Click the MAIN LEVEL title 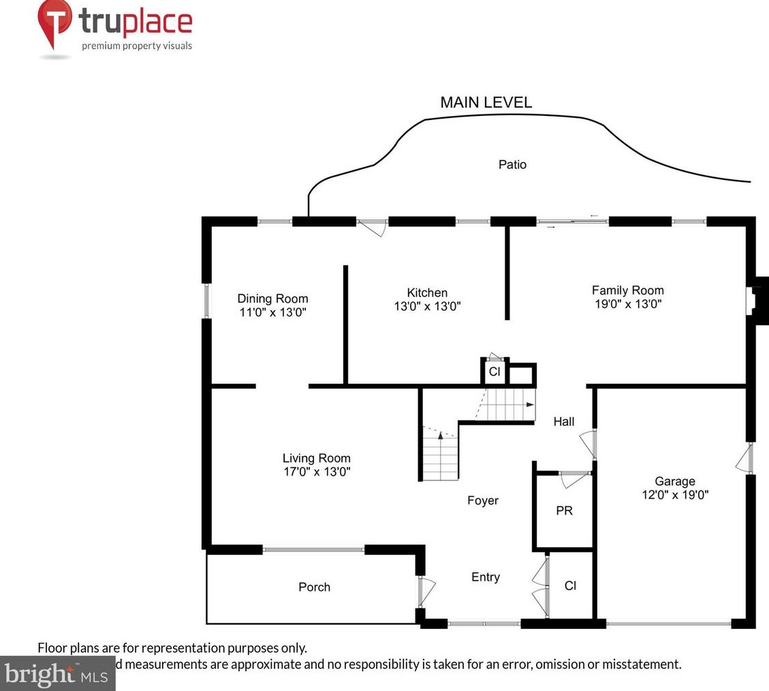pos(486,103)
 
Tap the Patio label pos(512,164)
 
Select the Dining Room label pos(272,298)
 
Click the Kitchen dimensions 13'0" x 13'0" pos(428,307)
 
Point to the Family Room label pos(627,290)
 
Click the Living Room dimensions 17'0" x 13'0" pos(317,472)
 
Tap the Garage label pos(675,481)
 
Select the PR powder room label pos(564,510)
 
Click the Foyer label pos(483,500)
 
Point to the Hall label pos(564,422)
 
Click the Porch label pos(314,587)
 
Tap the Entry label pos(486,577)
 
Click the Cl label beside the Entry pos(571,585)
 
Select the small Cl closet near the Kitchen pos(495,372)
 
